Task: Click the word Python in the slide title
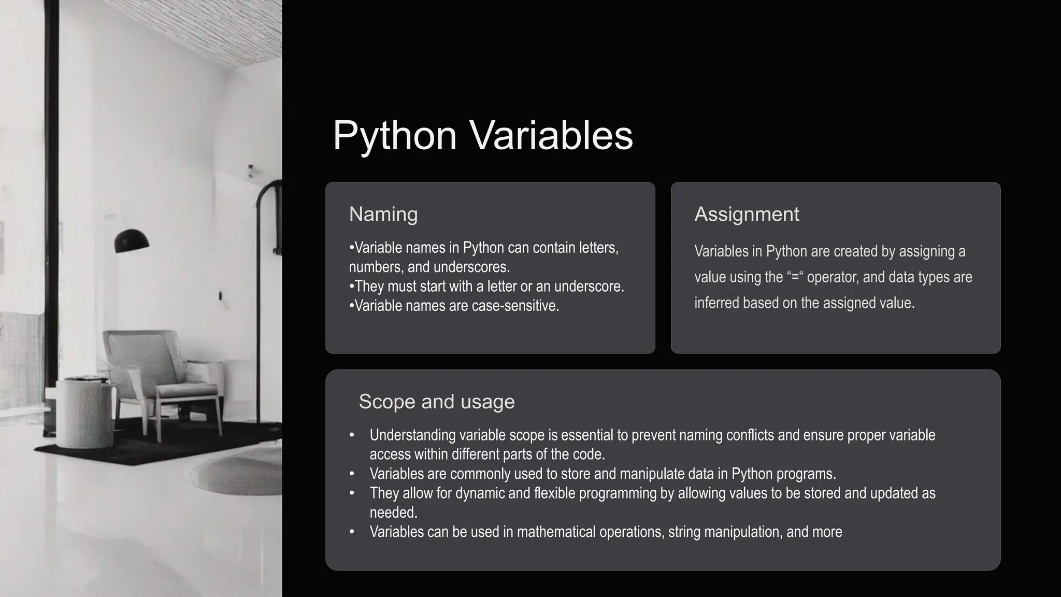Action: (394, 136)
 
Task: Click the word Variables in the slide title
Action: (551, 136)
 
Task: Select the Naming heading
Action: (383, 214)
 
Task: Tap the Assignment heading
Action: (747, 214)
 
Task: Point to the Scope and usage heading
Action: (437, 402)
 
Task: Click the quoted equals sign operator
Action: (795, 277)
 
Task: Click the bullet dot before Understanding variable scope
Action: (352, 435)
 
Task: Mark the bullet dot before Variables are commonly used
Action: (352, 474)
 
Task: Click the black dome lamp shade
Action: (132, 241)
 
